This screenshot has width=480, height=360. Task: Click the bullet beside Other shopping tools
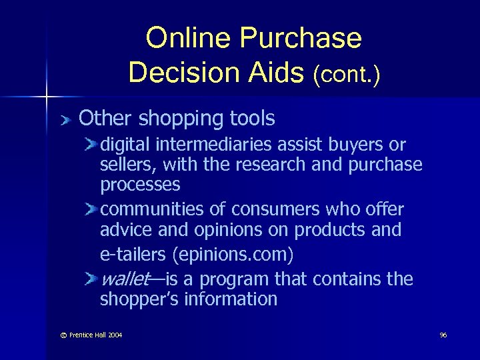click(64, 120)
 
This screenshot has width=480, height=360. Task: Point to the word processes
click(139, 185)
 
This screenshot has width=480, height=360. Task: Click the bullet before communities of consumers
click(91, 209)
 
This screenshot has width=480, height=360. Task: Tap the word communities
click(151, 209)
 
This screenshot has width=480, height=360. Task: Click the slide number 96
click(443, 335)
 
